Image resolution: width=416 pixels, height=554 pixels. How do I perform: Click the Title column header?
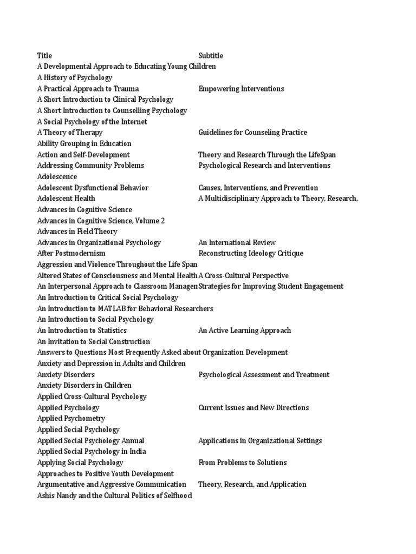[x=44, y=56]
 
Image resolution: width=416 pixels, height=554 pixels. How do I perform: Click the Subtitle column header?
[x=211, y=56]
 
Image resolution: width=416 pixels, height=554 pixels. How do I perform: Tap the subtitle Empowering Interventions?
[x=241, y=89]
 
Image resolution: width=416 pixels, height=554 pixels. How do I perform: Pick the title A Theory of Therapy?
[x=70, y=133]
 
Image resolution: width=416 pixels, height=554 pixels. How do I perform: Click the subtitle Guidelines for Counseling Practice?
[x=252, y=133]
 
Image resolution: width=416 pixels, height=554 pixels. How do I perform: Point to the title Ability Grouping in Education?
[x=84, y=144]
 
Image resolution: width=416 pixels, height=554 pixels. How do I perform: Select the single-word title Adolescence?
[x=57, y=177]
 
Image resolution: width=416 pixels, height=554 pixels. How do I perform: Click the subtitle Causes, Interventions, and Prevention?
[x=258, y=188]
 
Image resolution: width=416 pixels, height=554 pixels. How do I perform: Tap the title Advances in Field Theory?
[x=77, y=232]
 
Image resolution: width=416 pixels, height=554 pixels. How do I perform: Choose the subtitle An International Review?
[x=237, y=243]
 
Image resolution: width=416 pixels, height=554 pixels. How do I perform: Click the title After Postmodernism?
[x=71, y=254]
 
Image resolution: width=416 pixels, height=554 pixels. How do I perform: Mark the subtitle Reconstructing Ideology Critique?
[x=251, y=254]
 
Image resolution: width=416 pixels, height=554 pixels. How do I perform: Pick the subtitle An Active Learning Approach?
[x=244, y=331]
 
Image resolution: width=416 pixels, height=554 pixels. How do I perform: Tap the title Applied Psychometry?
[x=71, y=419]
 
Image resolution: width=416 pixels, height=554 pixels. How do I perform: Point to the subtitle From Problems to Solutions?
[x=242, y=463]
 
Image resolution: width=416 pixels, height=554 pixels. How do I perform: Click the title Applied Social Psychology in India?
[x=92, y=452]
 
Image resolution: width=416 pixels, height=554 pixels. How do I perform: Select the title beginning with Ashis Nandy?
[x=114, y=496]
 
